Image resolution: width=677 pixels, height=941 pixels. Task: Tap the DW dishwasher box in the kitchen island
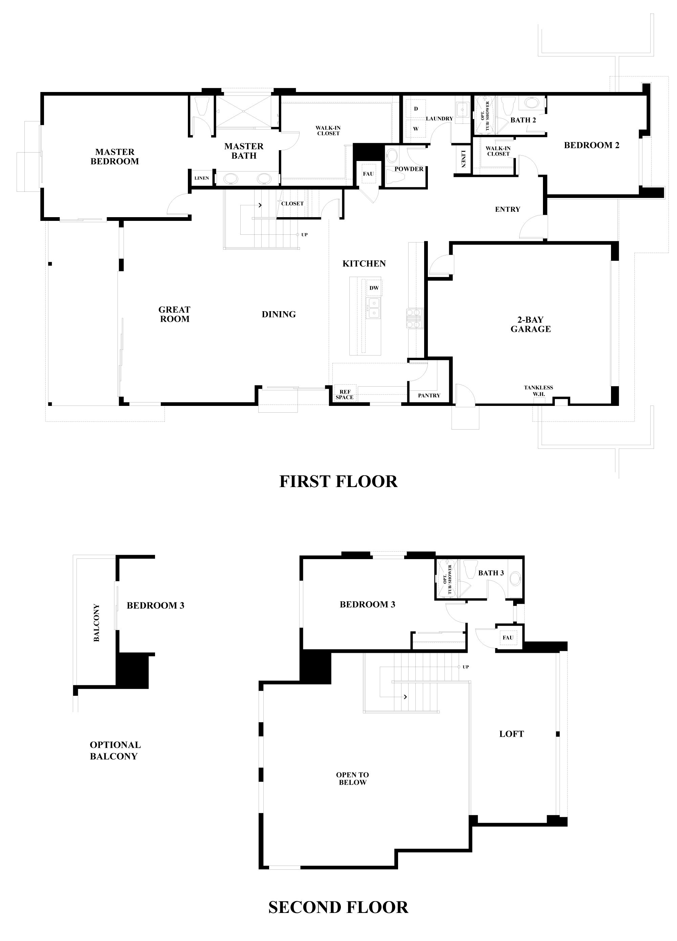click(x=374, y=288)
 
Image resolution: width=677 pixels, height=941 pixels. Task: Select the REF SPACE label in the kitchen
click(x=345, y=394)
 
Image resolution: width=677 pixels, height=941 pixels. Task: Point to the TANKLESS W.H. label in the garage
click(x=538, y=390)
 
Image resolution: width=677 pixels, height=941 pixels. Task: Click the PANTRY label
click(x=429, y=395)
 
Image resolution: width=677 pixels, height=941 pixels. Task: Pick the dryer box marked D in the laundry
click(x=416, y=109)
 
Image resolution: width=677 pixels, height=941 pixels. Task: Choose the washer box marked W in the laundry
click(x=416, y=129)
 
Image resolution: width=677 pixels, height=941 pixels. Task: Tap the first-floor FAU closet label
click(x=368, y=174)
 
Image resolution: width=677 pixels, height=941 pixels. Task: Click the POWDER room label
click(x=409, y=169)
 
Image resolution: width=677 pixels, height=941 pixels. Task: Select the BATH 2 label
click(x=523, y=120)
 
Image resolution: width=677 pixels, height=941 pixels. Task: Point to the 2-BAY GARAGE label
click(x=530, y=324)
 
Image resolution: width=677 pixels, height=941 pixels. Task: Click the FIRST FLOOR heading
click(x=338, y=481)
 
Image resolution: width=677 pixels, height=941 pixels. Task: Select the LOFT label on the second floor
click(x=511, y=734)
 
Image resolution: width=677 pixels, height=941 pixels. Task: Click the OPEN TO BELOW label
click(x=352, y=778)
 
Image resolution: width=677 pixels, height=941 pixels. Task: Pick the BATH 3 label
click(x=491, y=573)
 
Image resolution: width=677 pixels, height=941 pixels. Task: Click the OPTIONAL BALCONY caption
click(x=115, y=750)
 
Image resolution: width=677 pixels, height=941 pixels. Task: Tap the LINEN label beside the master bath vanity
click(x=201, y=178)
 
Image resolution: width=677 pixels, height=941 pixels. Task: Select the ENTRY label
click(x=507, y=209)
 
